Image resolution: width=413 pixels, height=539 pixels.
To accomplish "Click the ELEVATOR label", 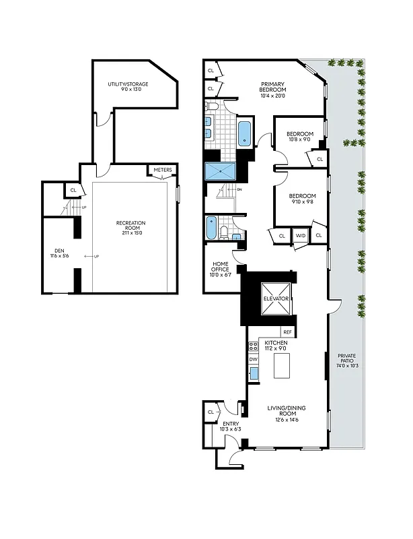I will click(x=276, y=298).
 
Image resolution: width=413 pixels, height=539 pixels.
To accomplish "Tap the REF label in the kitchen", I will click(x=287, y=331).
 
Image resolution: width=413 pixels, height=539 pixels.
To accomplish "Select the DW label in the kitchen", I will click(x=254, y=359).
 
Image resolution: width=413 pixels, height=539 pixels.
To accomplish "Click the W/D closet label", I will click(x=299, y=235).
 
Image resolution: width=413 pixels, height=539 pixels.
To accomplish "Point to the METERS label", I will click(x=163, y=170).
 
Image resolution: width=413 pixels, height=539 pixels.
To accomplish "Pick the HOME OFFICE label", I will click(x=221, y=267).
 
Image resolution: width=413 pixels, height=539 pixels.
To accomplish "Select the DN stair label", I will click(x=239, y=190).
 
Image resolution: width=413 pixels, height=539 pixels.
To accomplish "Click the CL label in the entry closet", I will click(x=211, y=412).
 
